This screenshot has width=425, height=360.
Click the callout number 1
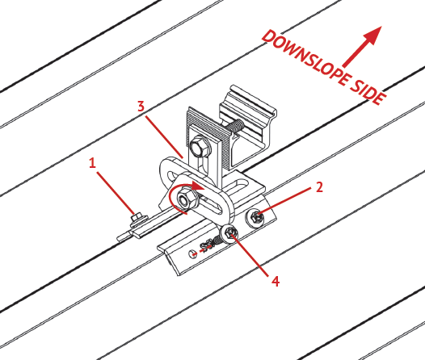pos(92,163)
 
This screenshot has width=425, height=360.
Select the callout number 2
pos(320,187)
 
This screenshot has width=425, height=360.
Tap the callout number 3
pos(141,106)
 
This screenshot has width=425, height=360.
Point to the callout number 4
pos(276,281)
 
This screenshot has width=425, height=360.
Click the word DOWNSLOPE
pos(306,59)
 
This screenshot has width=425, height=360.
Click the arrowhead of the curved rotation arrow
pos(199,186)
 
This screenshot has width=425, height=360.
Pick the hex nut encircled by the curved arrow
pos(187,199)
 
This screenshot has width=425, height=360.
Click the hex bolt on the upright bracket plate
pos(200,147)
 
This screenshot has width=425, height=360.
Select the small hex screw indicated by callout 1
pos(138,218)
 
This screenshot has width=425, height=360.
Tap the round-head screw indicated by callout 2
pos(255,217)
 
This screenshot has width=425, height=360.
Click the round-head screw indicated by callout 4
pos(229,233)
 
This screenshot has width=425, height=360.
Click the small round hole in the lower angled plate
pos(192,254)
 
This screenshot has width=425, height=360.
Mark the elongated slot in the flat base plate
pos(238,186)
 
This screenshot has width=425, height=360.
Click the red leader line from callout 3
pos(164,137)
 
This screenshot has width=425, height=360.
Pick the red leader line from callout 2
pos(286,201)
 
